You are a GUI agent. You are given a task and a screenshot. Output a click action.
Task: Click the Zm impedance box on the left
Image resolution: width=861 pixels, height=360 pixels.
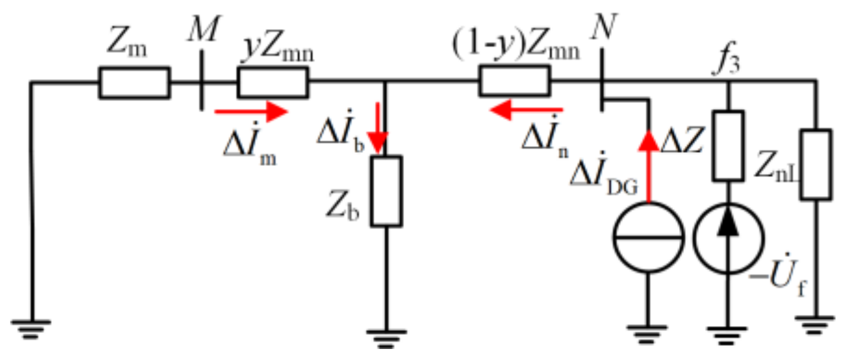tap(134, 83)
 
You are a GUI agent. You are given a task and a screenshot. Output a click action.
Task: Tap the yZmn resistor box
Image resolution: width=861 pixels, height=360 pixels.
tap(273, 83)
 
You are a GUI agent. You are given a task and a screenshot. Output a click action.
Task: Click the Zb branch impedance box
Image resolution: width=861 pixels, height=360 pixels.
tap(386, 191)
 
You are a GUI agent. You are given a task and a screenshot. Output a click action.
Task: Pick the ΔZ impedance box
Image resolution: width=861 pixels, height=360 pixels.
tap(729, 146)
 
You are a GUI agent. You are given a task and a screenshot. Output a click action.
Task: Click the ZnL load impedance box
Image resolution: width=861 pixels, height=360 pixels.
tap(815, 164)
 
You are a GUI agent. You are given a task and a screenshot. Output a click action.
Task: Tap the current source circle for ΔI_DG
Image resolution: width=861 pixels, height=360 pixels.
tap(648, 237)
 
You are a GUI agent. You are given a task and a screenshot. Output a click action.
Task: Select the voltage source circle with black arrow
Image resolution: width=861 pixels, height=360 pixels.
tap(729, 237)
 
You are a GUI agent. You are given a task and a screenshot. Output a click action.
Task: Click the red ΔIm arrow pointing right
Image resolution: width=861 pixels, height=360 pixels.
tap(250, 112)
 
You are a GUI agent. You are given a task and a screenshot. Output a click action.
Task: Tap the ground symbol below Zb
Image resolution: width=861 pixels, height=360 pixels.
tap(386, 336)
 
